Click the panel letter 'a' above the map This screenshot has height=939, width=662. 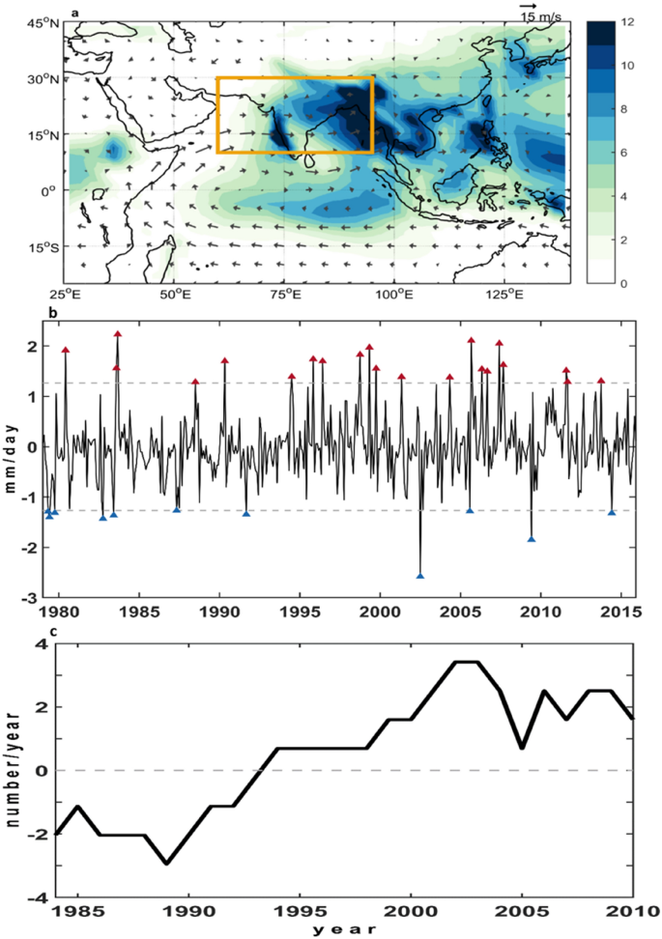click(74, 13)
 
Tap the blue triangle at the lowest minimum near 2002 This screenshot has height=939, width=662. click(419, 576)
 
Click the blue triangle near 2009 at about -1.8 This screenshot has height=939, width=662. click(532, 539)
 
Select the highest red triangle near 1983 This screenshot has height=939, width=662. click(117, 334)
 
